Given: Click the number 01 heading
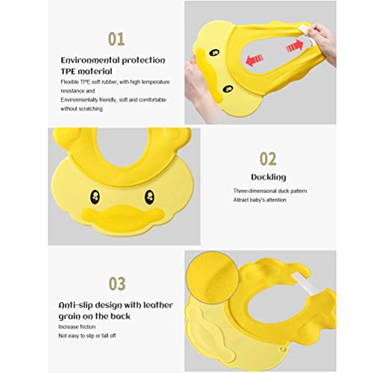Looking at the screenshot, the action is click(116, 40).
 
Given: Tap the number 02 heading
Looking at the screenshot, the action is click(268, 159).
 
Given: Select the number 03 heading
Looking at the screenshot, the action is click(117, 283).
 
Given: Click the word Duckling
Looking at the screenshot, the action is click(269, 177).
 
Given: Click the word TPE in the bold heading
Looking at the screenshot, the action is click(68, 72).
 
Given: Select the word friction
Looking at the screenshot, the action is click(87, 327).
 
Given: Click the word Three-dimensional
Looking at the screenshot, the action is click(254, 191).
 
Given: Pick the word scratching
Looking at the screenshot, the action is click(92, 109).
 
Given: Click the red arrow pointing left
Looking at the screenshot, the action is click(254, 60).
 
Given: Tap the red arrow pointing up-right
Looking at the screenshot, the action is click(295, 46).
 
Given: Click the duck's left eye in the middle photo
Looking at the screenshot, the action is click(95, 197).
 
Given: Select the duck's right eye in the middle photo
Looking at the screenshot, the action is click(149, 197).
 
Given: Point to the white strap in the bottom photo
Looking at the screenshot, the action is click(304, 284).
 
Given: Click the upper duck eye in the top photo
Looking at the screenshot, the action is click(214, 53).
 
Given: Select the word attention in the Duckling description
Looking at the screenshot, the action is click(276, 200).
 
